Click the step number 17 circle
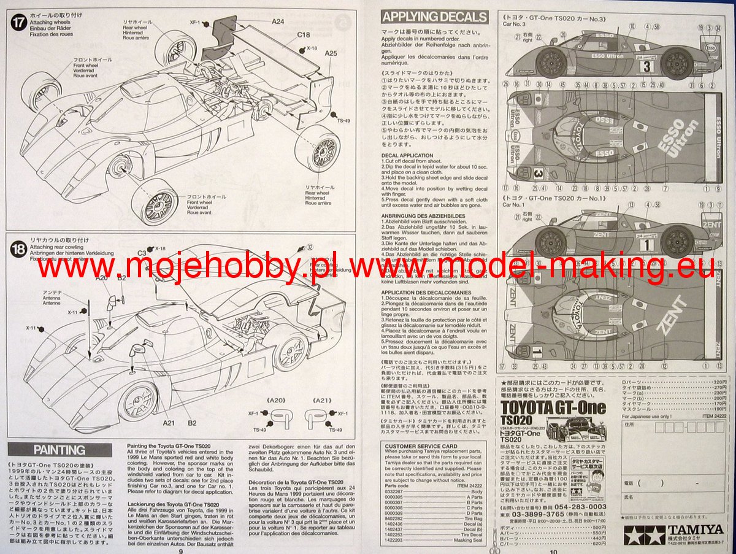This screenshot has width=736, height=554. [18, 23]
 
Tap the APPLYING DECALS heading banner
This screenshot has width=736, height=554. [434, 17]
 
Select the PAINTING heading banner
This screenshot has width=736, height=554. [59, 450]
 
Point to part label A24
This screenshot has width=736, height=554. [278, 21]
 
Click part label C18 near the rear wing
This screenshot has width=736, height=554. [304, 35]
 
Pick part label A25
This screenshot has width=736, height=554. [331, 53]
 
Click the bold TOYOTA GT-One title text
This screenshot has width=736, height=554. [553, 407]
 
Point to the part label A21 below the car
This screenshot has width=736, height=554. [170, 422]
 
